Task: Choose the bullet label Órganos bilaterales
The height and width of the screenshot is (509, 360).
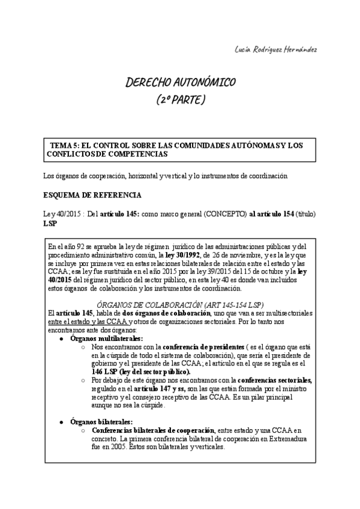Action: [101, 422]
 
